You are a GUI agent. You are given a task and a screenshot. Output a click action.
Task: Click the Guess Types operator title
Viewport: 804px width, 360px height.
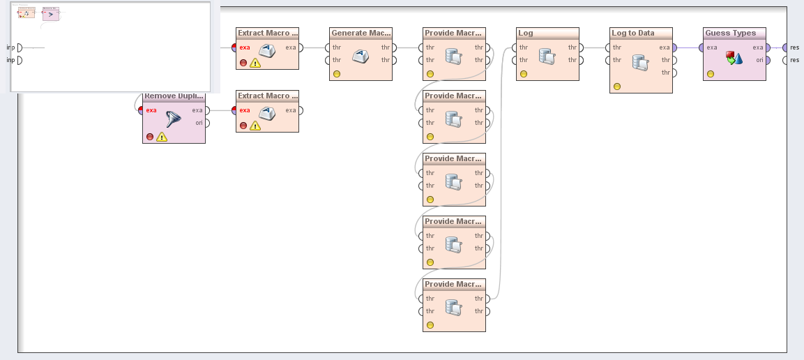pos(730,33)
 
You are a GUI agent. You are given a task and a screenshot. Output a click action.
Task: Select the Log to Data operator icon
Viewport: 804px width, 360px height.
pos(641,61)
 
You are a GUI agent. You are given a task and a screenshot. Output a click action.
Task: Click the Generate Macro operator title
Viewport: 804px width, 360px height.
pos(361,33)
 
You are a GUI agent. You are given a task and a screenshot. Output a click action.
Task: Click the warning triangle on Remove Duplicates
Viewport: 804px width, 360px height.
pos(162,137)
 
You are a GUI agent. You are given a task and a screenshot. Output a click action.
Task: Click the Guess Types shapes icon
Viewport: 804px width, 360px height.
pos(734,58)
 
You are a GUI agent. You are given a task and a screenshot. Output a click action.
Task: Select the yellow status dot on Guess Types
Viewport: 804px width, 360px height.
pos(711,74)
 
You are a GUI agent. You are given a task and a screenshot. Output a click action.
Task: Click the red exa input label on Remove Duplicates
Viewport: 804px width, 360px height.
pos(151,110)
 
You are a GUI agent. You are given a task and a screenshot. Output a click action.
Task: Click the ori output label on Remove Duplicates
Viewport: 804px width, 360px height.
pos(198,123)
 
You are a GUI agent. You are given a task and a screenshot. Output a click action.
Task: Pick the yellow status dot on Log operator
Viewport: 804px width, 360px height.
pos(524,74)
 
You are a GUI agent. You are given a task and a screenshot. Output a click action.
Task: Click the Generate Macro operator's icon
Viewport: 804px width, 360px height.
pos(361,57)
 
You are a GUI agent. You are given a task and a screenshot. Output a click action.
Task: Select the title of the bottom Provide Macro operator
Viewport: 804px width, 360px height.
pos(453,284)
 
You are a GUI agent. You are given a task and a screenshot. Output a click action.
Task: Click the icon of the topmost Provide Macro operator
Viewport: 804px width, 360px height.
pos(454,56)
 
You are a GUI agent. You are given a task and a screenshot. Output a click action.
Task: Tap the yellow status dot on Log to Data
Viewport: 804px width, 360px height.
pos(617,87)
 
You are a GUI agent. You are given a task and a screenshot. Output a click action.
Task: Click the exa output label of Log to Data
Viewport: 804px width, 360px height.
pos(665,47)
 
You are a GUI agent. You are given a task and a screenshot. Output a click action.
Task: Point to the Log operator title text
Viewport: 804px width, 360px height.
pos(526,33)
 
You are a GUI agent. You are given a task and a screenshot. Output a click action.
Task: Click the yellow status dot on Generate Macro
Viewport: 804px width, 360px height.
pos(337,74)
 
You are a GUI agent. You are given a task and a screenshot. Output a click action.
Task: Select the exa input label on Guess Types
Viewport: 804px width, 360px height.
pos(711,47)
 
